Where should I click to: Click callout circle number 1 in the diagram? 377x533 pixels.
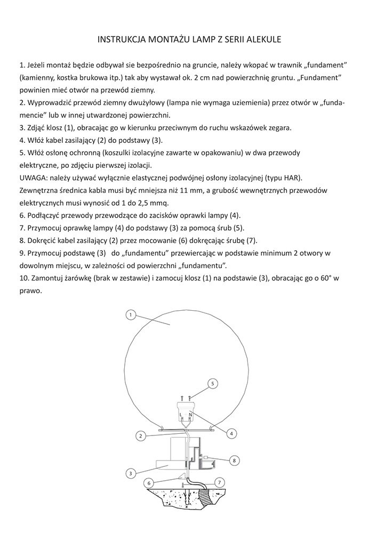click(130, 314)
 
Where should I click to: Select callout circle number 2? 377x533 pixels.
click(140, 435)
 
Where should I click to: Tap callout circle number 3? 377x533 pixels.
click(130, 473)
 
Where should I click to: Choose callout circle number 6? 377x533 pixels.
click(149, 482)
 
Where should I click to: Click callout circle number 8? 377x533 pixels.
click(234, 459)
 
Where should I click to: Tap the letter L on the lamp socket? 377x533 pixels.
click(181, 414)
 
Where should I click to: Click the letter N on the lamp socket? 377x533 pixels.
click(191, 414)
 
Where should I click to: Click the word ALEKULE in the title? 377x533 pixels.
click(261, 39)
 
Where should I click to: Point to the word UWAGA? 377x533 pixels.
click(31, 177)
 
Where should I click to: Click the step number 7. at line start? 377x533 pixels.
click(22, 228)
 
